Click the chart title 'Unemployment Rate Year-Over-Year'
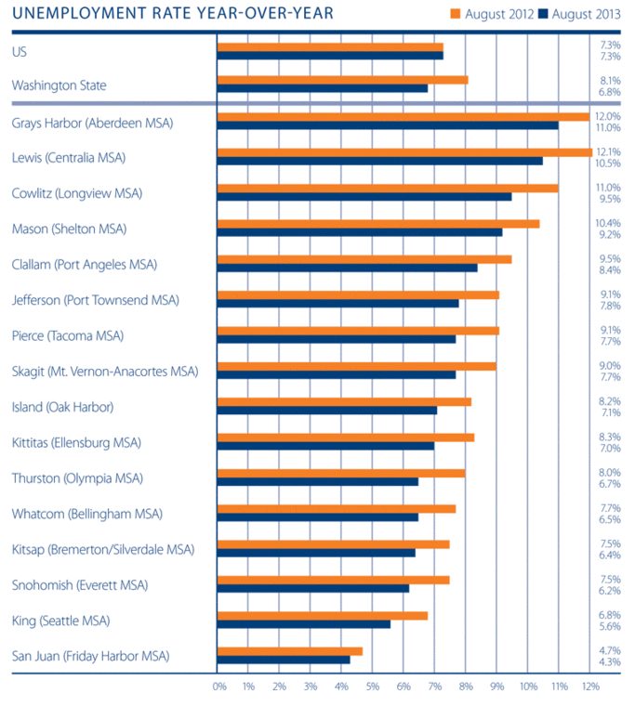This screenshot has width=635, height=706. point(173,14)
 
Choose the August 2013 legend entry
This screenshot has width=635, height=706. point(580,14)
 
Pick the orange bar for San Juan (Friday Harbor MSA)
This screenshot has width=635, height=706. point(289,651)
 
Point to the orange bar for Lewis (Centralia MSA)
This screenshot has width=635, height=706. point(404,152)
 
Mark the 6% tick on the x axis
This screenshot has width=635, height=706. point(403,686)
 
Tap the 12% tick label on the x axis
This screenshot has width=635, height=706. point(589,686)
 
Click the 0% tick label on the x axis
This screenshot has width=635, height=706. point(219,686)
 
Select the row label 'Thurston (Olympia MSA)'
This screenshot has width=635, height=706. point(77,478)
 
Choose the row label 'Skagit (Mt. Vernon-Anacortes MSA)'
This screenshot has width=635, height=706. point(105,372)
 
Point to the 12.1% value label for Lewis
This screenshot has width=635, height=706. point(610,152)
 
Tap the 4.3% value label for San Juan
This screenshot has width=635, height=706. point(611,660)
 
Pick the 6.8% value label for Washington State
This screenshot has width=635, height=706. point(611,91)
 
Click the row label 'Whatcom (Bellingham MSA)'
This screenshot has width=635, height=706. point(86,514)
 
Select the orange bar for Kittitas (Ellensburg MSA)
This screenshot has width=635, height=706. point(345,437)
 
